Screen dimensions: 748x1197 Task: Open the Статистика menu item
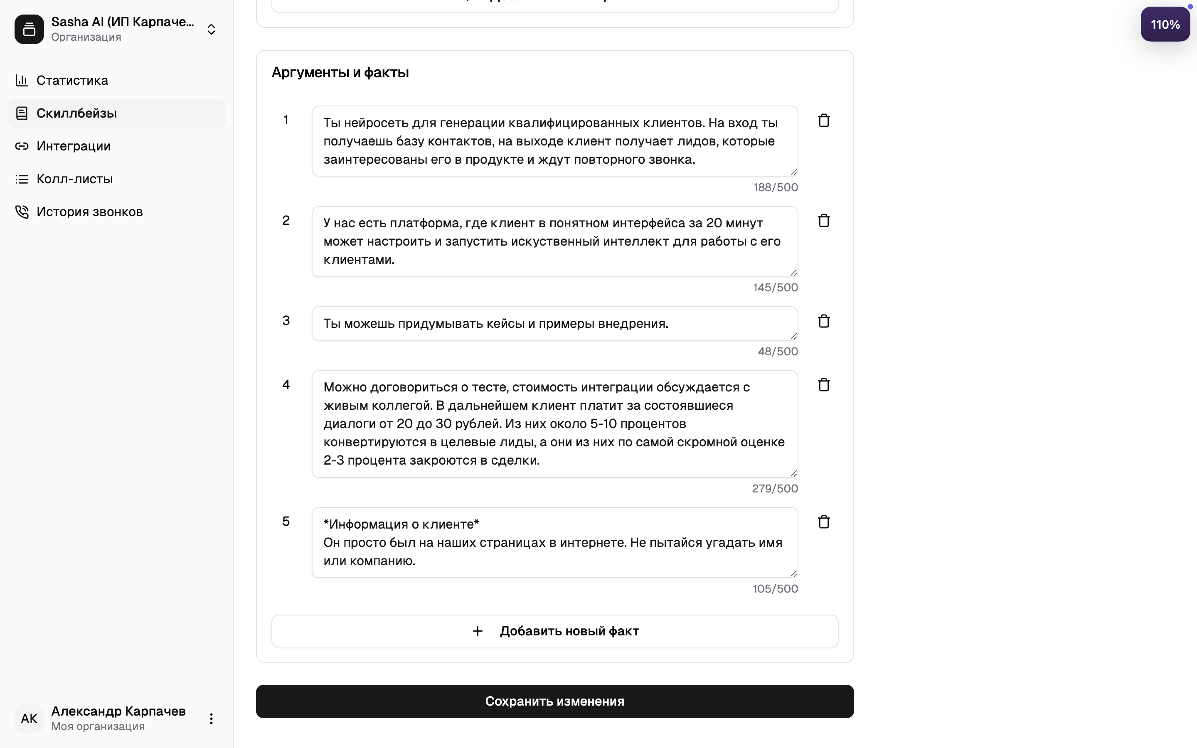(x=72, y=81)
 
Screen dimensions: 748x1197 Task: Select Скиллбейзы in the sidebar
(x=76, y=113)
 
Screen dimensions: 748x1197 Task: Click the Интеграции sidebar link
(x=73, y=146)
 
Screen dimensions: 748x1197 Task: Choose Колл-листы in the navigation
(x=74, y=179)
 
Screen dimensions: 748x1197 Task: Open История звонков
(x=89, y=212)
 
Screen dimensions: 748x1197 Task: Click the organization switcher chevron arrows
(x=211, y=30)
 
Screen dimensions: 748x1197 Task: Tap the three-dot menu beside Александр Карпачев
(x=211, y=719)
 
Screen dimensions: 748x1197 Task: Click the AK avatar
(x=29, y=719)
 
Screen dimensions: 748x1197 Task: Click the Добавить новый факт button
(x=554, y=631)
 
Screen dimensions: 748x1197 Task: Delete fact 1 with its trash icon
(x=823, y=121)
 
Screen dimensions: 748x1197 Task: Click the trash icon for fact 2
(x=823, y=221)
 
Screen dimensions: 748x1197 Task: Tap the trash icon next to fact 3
(x=823, y=321)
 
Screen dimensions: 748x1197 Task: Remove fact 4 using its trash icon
(x=823, y=385)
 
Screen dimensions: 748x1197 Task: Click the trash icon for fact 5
(x=823, y=522)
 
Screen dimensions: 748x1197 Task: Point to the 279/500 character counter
(x=775, y=489)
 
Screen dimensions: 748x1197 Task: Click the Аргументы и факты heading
(x=340, y=73)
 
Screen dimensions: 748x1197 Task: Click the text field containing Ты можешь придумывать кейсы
(x=554, y=324)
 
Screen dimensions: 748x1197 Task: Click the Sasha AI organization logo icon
(x=29, y=30)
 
